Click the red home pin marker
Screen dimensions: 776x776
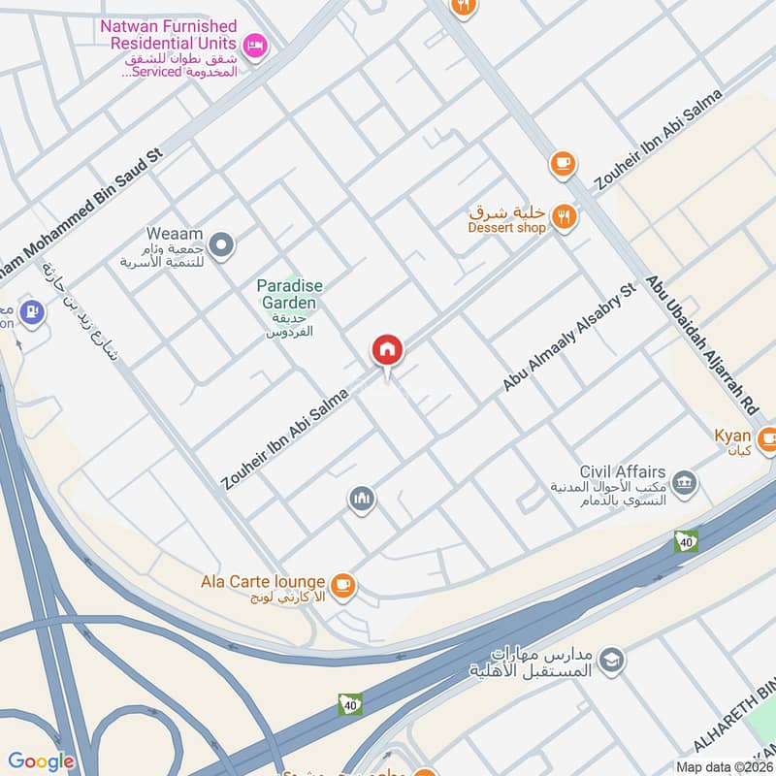pos(387,350)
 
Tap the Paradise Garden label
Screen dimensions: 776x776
pos(289,294)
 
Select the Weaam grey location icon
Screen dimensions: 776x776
pos(222,246)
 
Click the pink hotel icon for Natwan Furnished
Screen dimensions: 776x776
pos(254,44)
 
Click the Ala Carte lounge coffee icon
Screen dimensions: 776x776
pos(341,584)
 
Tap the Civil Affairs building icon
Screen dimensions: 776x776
pos(684,481)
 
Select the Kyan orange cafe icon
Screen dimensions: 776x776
pos(766,436)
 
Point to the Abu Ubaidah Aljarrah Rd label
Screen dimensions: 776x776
pos(698,335)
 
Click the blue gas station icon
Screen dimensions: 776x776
pos(33,313)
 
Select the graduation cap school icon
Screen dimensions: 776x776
pos(611,662)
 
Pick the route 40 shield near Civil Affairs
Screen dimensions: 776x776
pos(687,541)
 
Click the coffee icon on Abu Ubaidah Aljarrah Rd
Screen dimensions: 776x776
pos(563,165)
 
